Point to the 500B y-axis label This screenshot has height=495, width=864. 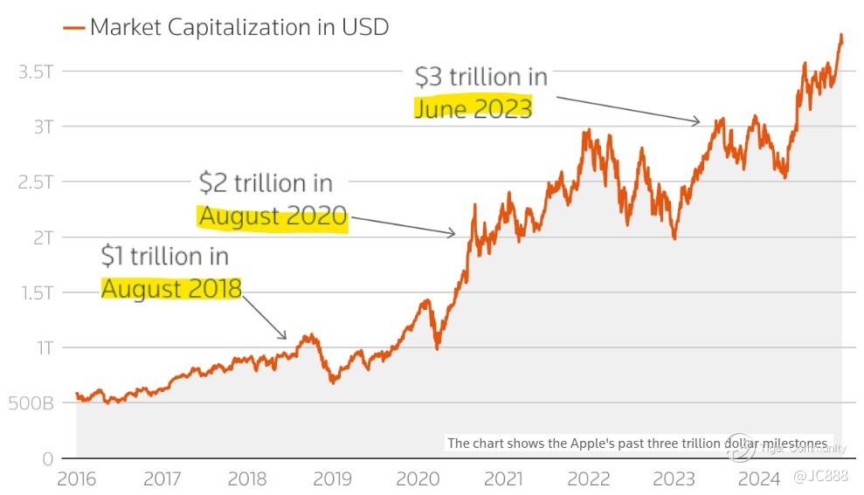click(x=31, y=403)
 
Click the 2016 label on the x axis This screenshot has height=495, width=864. click(x=76, y=478)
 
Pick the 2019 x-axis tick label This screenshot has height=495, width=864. click(x=332, y=478)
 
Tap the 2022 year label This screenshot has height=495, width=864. click(x=589, y=478)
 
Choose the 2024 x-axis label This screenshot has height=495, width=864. click(x=759, y=478)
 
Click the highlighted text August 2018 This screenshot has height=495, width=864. click(x=171, y=288)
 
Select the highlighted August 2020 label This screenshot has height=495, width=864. click(x=273, y=216)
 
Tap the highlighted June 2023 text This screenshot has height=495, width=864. click(x=473, y=108)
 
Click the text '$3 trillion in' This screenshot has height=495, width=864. click(x=481, y=77)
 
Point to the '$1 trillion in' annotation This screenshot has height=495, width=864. click(x=165, y=256)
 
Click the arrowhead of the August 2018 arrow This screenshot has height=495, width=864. click(x=285, y=337)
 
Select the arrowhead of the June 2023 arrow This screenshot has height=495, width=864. click(x=699, y=122)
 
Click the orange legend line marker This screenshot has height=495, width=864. click(x=74, y=28)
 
